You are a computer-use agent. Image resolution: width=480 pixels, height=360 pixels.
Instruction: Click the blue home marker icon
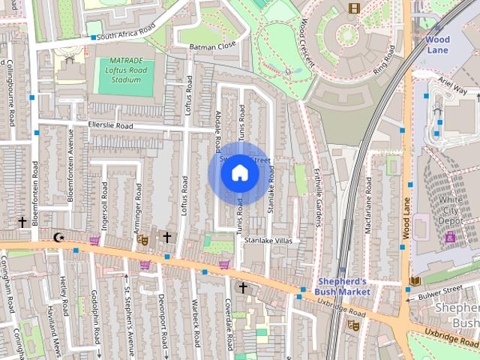point(239,173)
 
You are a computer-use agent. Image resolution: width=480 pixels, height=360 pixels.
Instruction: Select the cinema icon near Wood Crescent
point(353,8)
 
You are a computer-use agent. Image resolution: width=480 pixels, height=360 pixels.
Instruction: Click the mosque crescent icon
point(59,238)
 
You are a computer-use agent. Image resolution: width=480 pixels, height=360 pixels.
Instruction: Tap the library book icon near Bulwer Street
point(415,281)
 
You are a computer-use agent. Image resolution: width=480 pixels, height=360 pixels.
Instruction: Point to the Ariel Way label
point(452,88)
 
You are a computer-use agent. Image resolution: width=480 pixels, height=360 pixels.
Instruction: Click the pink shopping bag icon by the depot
point(450,237)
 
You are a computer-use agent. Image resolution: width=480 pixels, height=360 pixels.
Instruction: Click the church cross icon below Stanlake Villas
point(242,287)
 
